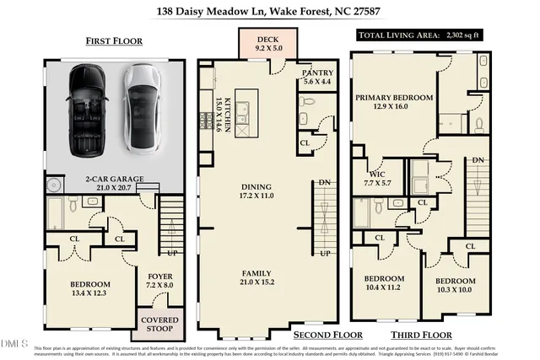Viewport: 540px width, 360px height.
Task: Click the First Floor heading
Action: pos(114,41)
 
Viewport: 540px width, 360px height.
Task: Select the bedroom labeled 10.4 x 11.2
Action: pos(385,283)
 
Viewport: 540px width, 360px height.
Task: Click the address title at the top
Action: pos(269,12)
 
